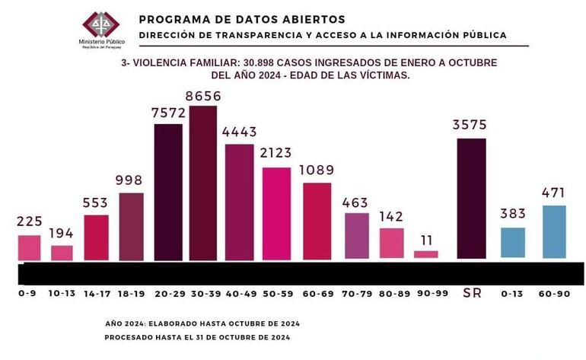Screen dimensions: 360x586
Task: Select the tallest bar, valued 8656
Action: click(x=202, y=183)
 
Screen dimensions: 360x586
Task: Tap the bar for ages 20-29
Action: click(x=168, y=192)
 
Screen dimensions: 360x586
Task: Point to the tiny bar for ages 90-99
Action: click(x=425, y=254)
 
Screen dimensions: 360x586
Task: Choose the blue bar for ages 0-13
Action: click(x=513, y=242)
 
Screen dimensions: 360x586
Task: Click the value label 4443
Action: click(x=240, y=132)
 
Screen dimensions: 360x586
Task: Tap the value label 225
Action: click(x=29, y=221)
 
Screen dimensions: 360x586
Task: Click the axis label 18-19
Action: click(x=131, y=292)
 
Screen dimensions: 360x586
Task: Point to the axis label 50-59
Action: click(x=277, y=292)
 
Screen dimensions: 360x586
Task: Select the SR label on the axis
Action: click(x=472, y=293)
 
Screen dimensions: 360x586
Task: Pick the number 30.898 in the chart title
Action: click(x=264, y=62)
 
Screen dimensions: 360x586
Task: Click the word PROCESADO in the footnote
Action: click(x=130, y=336)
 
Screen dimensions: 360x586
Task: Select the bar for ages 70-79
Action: click(x=356, y=235)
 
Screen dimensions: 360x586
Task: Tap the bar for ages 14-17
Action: click(x=96, y=237)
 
